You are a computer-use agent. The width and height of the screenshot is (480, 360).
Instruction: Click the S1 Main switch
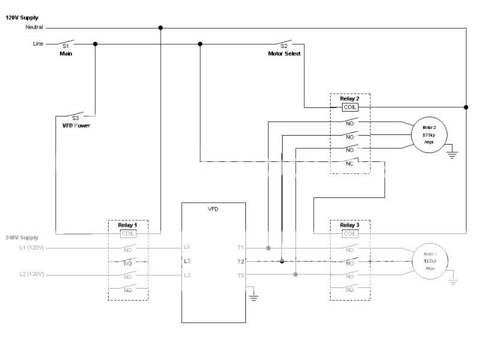(x=66, y=43)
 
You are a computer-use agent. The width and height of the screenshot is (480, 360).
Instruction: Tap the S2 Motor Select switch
(x=284, y=43)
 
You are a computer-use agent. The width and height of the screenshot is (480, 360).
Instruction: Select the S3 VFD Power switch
(x=75, y=116)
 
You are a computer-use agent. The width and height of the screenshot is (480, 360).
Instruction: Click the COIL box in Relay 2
(x=350, y=107)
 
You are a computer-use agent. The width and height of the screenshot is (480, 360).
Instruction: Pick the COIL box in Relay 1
(x=128, y=233)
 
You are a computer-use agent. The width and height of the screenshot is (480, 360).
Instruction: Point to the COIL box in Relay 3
(x=350, y=233)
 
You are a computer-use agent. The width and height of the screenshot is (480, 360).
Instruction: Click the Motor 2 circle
(x=428, y=135)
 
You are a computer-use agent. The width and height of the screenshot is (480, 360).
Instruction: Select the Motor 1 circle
(x=430, y=262)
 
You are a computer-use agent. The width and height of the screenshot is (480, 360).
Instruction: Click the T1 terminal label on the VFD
(x=240, y=247)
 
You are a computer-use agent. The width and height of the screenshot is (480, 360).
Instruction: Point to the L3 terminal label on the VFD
(x=187, y=275)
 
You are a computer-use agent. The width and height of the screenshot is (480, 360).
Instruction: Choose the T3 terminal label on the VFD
(x=240, y=275)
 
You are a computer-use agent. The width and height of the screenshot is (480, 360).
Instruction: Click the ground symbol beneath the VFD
(x=254, y=296)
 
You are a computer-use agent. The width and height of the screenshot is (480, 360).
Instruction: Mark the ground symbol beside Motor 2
(x=452, y=154)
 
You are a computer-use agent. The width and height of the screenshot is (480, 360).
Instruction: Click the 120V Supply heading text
(x=22, y=18)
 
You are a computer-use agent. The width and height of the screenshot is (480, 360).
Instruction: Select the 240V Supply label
(x=22, y=238)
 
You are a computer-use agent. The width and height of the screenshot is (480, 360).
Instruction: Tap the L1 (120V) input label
(x=31, y=247)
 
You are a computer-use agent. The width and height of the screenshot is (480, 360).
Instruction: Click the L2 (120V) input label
(x=31, y=275)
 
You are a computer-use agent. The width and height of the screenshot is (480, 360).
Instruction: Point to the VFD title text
(x=213, y=210)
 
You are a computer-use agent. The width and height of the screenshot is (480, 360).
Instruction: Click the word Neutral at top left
(x=34, y=28)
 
